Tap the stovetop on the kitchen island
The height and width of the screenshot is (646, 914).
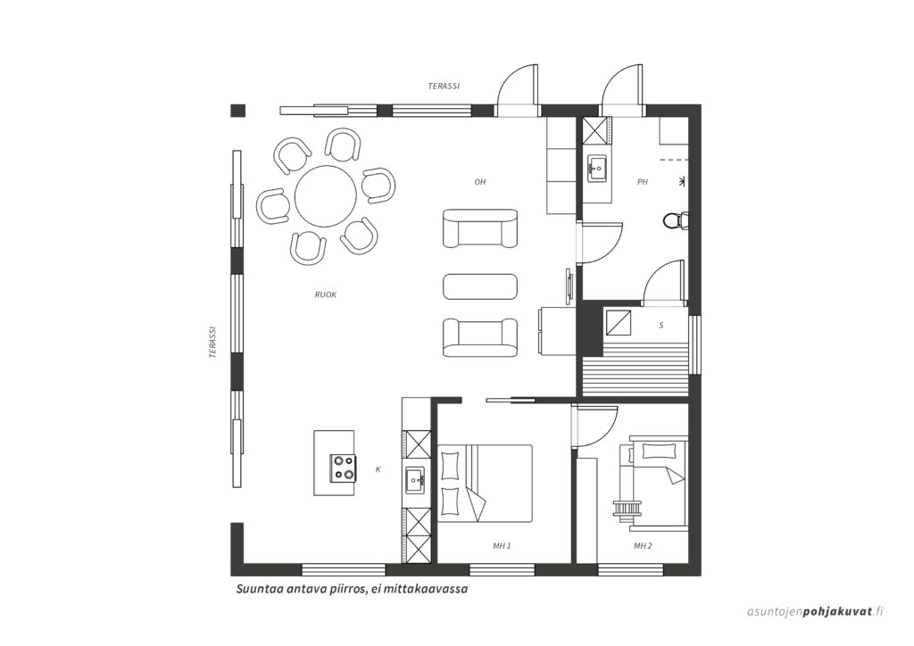click(343, 468)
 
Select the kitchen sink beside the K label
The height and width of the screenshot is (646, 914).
click(416, 481)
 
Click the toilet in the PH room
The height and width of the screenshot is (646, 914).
click(676, 220)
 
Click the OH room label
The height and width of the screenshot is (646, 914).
click(479, 182)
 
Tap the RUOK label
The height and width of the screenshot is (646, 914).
click(326, 294)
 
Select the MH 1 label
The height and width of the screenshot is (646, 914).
click(502, 546)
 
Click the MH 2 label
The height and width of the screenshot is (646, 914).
click(643, 546)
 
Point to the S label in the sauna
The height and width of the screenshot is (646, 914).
click(661, 325)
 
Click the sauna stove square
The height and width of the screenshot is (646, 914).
click(619, 322)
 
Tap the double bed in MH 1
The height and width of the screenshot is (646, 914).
click(486, 483)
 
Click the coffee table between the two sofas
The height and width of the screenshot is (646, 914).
click(480, 286)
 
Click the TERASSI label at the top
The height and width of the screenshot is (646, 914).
click(445, 87)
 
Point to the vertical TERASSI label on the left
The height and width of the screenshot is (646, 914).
click(213, 342)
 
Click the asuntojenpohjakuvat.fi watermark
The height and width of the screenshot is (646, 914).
click(816, 611)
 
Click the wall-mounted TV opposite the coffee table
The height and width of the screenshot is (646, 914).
click(569, 286)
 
